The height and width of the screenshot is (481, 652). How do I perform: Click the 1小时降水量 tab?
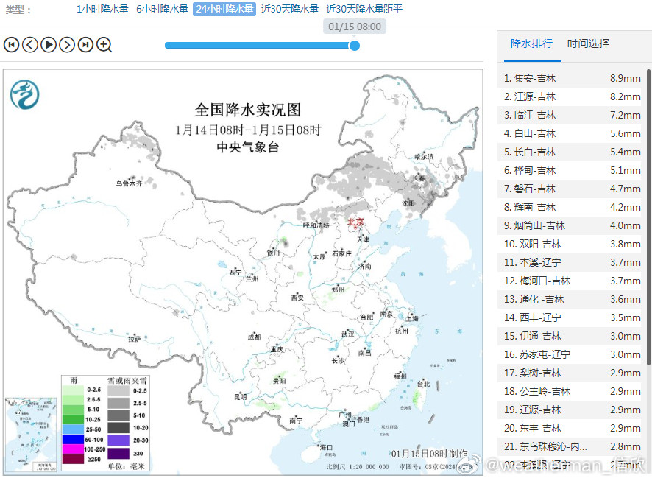(x=102, y=10)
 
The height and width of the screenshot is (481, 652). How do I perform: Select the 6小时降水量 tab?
(x=162, y=10)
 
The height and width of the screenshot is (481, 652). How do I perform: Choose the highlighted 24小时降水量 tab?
(x=224, y=10)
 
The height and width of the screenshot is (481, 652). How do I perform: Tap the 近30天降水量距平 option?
(x=364, y=10)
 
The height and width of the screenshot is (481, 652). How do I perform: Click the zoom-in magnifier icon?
(x=104, y=45)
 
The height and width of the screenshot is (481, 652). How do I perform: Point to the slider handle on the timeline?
(x=354, y=45)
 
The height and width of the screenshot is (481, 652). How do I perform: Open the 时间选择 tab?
(x=588, y=43)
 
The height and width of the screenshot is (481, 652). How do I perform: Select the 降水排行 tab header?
(x=531, y=43)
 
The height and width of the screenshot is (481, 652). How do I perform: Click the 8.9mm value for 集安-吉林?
(x=625, y=78)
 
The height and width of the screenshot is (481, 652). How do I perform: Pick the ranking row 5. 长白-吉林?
(x=530, y=152)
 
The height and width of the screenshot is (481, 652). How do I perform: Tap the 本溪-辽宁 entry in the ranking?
(x=532, y=262)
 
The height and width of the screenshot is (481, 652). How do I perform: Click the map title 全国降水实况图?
(x=248, y=110)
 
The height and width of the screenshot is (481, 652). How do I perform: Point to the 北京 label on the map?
(x=355, y=221)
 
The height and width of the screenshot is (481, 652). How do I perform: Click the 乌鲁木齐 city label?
(x=127, y=183)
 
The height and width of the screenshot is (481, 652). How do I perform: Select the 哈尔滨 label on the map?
(x=424, y=157)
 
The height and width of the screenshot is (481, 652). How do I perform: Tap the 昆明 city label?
(x=241, y=396)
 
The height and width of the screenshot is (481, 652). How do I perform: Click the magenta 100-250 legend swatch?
(x=73, y=448)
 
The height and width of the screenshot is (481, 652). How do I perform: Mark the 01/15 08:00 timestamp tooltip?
(x=355, y=27)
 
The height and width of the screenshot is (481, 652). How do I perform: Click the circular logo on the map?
(x=25, y=94)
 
